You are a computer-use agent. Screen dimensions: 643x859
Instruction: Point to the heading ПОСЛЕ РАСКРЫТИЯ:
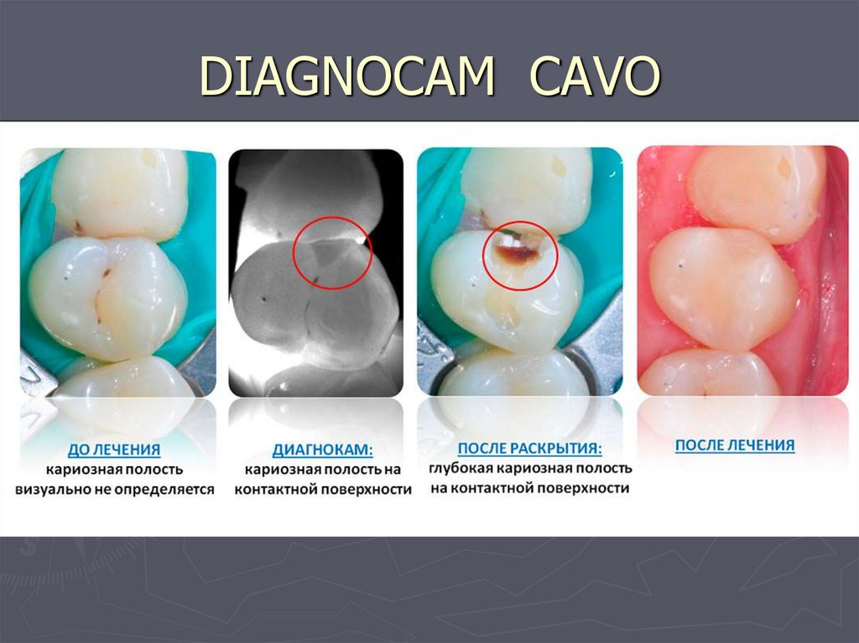click(x=528, y=449)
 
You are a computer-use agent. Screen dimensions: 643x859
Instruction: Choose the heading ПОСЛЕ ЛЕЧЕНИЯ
click(x=734, y=445)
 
